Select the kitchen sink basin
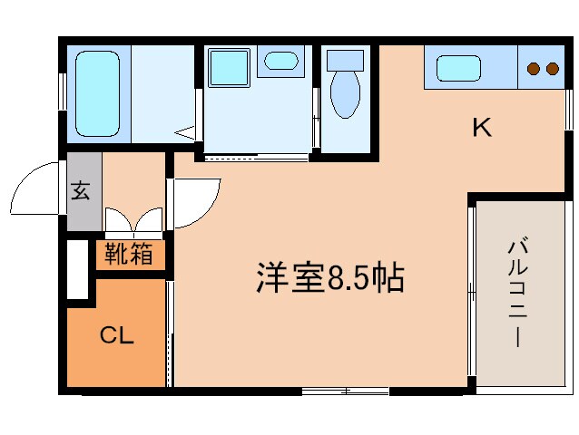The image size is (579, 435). coord(459,68)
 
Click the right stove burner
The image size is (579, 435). coord(551,69)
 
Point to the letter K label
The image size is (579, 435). coord(481,128)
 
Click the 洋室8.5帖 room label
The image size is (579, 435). coord(329,278)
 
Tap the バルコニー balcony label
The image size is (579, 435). coord(518,293)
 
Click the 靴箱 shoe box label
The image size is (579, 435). coord(129,255)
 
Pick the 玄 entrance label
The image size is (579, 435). coord(81,191)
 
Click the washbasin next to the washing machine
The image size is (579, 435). coord(281,63)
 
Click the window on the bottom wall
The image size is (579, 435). coord(345,391)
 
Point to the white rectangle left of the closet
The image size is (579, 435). coord(78,268)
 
